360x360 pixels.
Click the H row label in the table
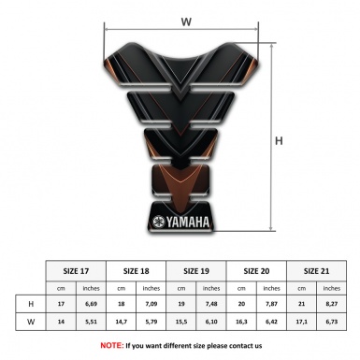pos(32,304)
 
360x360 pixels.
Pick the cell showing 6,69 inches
pos(90,304)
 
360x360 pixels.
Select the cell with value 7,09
pos(151,304)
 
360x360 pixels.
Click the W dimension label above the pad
pos(186,19)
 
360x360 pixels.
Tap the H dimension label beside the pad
pos(279,141)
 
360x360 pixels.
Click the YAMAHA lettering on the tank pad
pos(189,222)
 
